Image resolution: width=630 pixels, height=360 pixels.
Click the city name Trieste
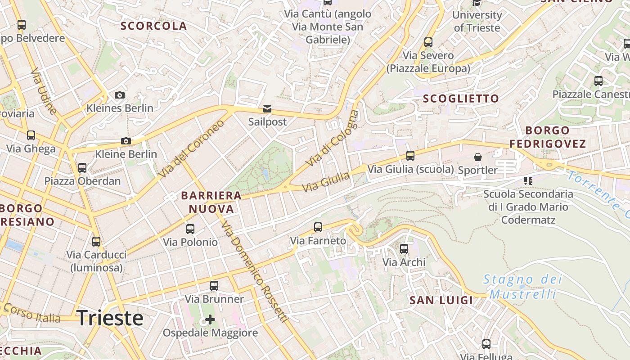point(110,318)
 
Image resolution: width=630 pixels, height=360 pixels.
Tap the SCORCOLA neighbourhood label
point(153,26)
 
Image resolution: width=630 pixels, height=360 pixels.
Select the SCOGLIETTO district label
point(461,99)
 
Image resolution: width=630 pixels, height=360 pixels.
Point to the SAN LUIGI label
point(441,300)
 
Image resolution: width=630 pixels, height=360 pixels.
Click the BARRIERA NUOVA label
point(211,202)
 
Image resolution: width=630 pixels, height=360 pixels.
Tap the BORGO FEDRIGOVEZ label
point(548,137)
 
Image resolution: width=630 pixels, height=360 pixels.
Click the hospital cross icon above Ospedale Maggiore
point(210,319)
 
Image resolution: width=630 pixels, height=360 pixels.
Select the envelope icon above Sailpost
point(267,109)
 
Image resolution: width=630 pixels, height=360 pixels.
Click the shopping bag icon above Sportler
point(477,157)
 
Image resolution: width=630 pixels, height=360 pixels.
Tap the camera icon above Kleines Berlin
point(119,95)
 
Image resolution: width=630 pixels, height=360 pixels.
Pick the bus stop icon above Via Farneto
point(318,227)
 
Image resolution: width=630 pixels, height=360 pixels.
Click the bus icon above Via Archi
point(404,248)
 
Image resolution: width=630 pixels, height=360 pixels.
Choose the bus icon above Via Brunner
point(214,285)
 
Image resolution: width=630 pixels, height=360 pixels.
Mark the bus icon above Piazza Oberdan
point(82,168)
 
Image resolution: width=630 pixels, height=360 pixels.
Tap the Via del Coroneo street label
point(191,148)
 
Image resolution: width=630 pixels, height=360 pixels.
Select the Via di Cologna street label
point(333,138)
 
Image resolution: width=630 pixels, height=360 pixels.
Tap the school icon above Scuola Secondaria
point(528,181)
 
